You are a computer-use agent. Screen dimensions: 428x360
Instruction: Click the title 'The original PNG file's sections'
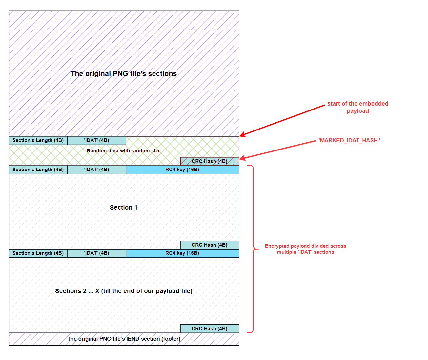(x=124, y=73)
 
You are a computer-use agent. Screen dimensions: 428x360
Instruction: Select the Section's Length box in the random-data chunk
(x=38, y=140)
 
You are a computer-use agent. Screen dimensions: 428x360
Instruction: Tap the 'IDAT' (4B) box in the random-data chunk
(x=96, y=140)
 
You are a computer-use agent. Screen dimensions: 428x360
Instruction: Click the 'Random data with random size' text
(x=124, y=151)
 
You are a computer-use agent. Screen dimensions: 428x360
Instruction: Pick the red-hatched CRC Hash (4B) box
(x=210, y=161)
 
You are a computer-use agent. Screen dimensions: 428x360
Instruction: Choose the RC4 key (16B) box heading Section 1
(x=182, y=170)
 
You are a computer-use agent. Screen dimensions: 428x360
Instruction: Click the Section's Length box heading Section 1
(x=38, y=170)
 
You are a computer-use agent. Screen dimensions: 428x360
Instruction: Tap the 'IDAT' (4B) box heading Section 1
(x=96, y=170)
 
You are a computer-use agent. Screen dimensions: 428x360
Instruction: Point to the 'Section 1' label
(x=124, y=207)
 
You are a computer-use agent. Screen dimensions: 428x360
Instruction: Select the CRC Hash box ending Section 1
(x=210, y=245)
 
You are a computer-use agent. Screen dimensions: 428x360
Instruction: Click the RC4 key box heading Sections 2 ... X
(x=182, y=253)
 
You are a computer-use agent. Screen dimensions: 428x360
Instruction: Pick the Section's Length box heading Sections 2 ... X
(x=38, y=253)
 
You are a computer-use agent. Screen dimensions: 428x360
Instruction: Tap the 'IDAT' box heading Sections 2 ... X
(x=96, y=253)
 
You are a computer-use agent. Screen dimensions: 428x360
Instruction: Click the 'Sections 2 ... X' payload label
(x=124, y=291)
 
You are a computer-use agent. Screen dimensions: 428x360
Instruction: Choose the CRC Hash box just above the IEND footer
(x=210, y=329)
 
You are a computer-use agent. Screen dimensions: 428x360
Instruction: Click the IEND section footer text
(x=124, y=339)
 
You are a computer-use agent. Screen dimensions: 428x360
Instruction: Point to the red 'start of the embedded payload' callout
(x=358, y=107)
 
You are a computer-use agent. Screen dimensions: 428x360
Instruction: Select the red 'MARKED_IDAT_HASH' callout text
(x=349, y=140)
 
